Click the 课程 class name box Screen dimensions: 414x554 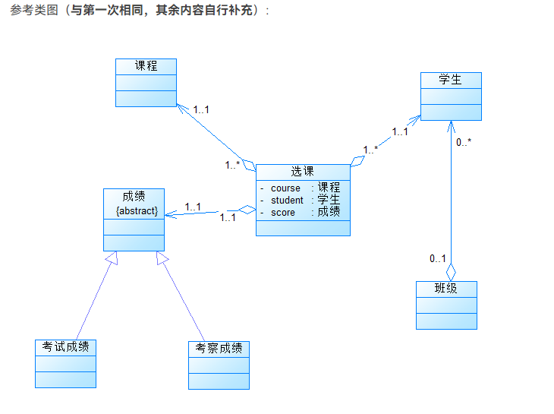pos(146,66)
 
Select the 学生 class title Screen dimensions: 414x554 pos(451,80)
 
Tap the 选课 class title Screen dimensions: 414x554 pos(302,172)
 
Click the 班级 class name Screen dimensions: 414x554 pos(446,289)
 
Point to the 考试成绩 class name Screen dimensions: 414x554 pos(65,347)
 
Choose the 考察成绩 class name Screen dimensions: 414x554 pos(219,349)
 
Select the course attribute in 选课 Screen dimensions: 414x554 pos(285,188)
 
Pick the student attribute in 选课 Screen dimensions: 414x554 pos(287,200)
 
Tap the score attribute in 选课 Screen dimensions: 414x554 pos(282,212)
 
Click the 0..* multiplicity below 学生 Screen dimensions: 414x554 pos(463,142)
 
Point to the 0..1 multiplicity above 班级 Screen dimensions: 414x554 pos(437,259)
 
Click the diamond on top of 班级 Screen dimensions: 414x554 pos(451,270)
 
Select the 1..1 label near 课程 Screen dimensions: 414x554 pos(200,109)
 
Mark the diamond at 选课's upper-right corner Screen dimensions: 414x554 pos(357,161)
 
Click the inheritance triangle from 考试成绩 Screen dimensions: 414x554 pos(112,259)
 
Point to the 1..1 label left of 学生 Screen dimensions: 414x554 pos(400,131)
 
